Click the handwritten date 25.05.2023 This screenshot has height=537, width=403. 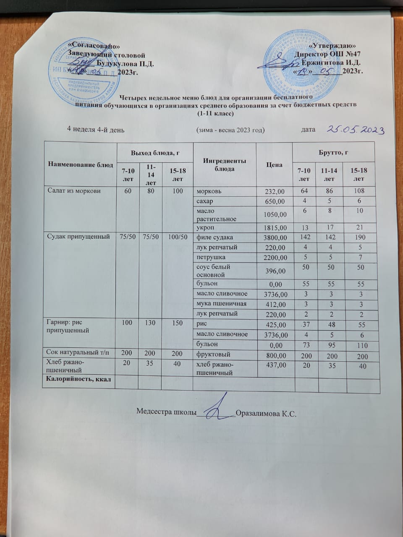pyautogui.click(x=356, y=130)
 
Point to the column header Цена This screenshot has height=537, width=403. pyautogui.click(x=274, y=165)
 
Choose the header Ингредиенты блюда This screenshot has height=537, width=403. pyautogui.click(x=224, y=165)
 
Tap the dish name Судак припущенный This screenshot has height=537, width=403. pyautogui.click(x=75, y=237)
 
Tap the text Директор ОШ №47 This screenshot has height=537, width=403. pyautogui.click(x=327, y=55)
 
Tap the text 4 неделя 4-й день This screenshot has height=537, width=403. pyautogui.click(x=96, y=130)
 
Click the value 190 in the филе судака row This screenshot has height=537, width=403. pyautogui.click(x=359, y=237)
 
